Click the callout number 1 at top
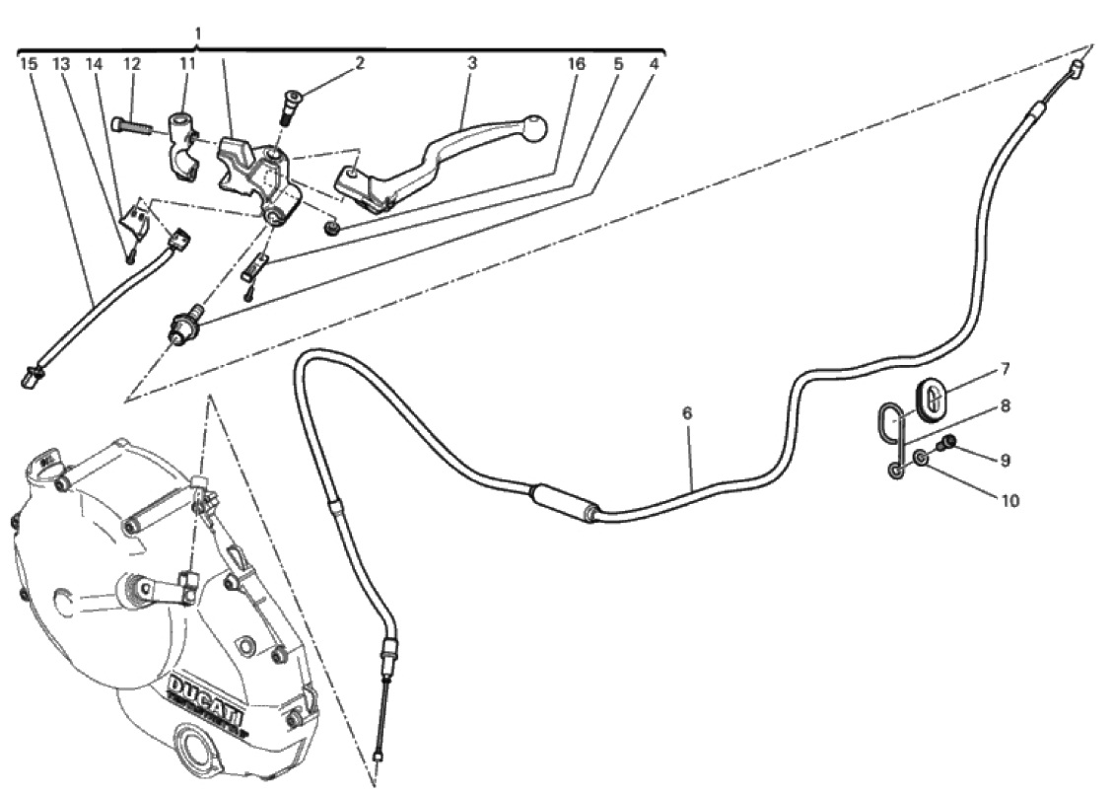tap(198, 34)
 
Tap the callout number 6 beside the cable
tap(687, 412)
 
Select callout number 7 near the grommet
tap(1005, 369)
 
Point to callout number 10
tap(1010, 500)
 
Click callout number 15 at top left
tap(28, 64)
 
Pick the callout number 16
tap(577, 64)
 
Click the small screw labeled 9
tap(945, 445)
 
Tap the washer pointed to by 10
tap(920, 459)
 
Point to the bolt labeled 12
tap(132, 126)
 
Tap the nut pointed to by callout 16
tap(329, 228)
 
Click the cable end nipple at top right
tap(1076, 69)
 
